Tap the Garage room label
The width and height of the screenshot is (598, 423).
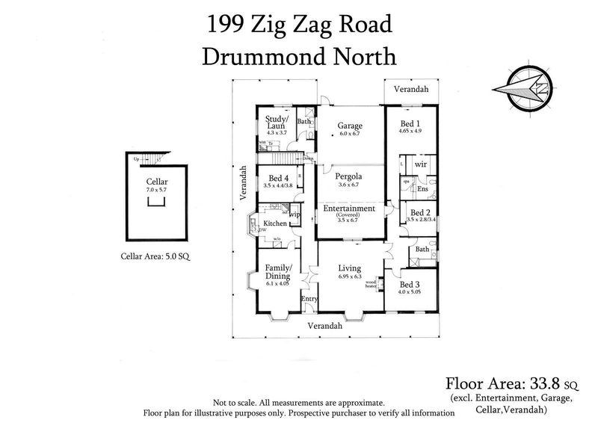coord(349,126)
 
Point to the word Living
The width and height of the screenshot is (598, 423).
coord(349,268)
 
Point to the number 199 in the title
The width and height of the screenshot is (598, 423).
coord(224,24)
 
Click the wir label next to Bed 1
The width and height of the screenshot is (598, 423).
coord(421,164)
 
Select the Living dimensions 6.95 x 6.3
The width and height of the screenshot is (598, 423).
coord(349,277)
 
